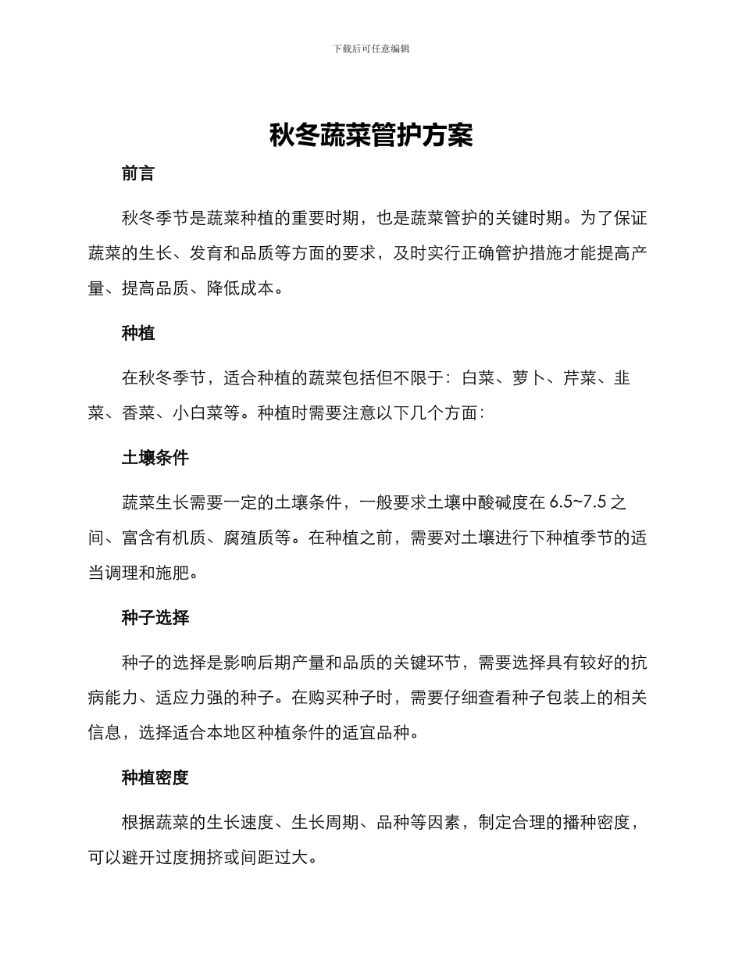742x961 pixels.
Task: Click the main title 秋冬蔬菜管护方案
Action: (x=371, y=136)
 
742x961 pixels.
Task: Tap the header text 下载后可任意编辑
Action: (x=371, y=48)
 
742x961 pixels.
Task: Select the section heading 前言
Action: (x=138, y=174)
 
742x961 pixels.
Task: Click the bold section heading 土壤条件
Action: (x=155, y=459)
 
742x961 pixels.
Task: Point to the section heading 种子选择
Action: (x=155, y=618)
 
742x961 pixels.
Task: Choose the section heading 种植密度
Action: (x=155, y=778)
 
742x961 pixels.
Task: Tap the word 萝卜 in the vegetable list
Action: (x=530, y=379)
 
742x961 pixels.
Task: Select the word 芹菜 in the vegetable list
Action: (x=580, y=379)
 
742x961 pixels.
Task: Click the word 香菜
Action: (x=138, y=413)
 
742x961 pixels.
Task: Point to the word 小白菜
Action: (x=198, y=413)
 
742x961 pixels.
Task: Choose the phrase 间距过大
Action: (x=275, y=858)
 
